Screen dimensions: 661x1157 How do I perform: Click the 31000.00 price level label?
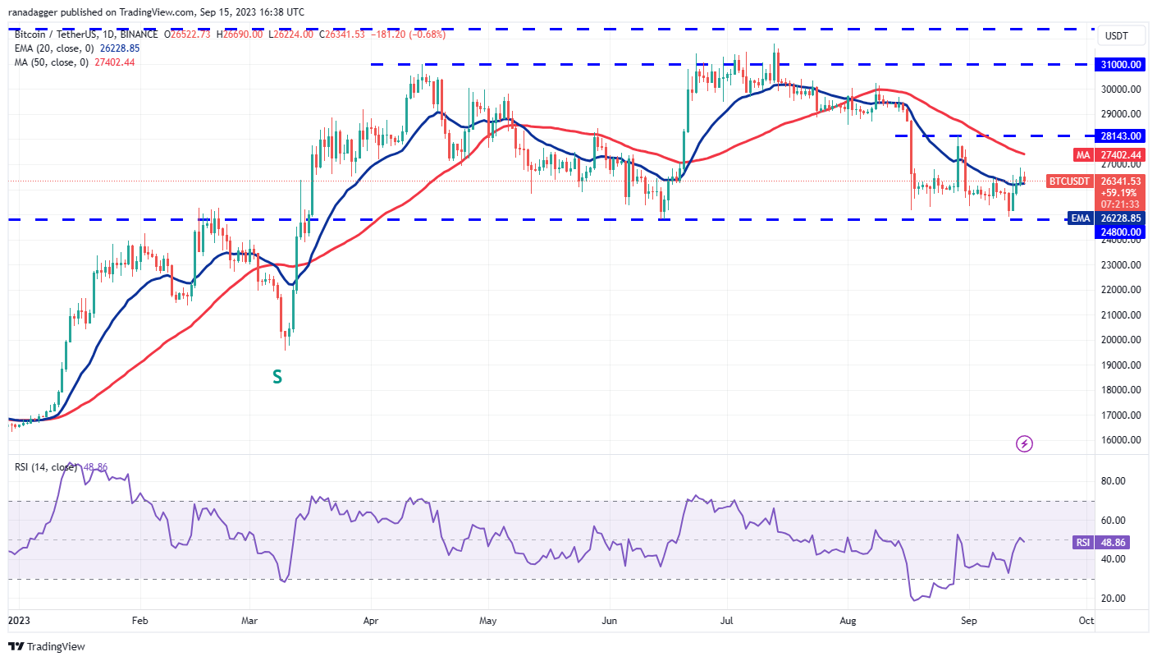tap(1122, 64)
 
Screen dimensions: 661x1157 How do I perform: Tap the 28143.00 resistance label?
tap(1122, 135)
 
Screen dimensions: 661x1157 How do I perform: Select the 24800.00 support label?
tap(1122, 232)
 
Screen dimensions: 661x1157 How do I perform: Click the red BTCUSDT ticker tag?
tap(1069, 181)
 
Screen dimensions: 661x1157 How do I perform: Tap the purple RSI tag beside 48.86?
tap(1082, 543)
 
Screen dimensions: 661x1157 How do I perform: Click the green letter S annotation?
tap(277, 377)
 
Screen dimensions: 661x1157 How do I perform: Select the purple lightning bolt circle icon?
tap(1024, 444)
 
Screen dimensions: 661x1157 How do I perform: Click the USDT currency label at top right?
tap(1118, 36)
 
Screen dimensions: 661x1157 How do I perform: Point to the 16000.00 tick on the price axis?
tap(1122, 440)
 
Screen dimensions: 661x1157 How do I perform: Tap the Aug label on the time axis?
tap(848, 621)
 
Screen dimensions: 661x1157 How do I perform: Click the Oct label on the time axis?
tap(1086, 621)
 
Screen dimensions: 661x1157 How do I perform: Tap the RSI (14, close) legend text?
tap(46, 467)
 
